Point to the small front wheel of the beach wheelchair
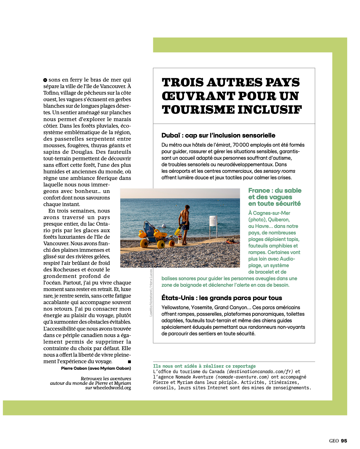coord(172,243)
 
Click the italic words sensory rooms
coord(279,171)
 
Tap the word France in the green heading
coord(259,191)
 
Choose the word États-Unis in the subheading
coord(178,298)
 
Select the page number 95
coord(344,441)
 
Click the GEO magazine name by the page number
coord(334,441)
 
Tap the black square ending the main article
coord(129,361)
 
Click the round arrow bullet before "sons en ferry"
coord(45,80)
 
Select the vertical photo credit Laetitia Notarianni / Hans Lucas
coord(151,293)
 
